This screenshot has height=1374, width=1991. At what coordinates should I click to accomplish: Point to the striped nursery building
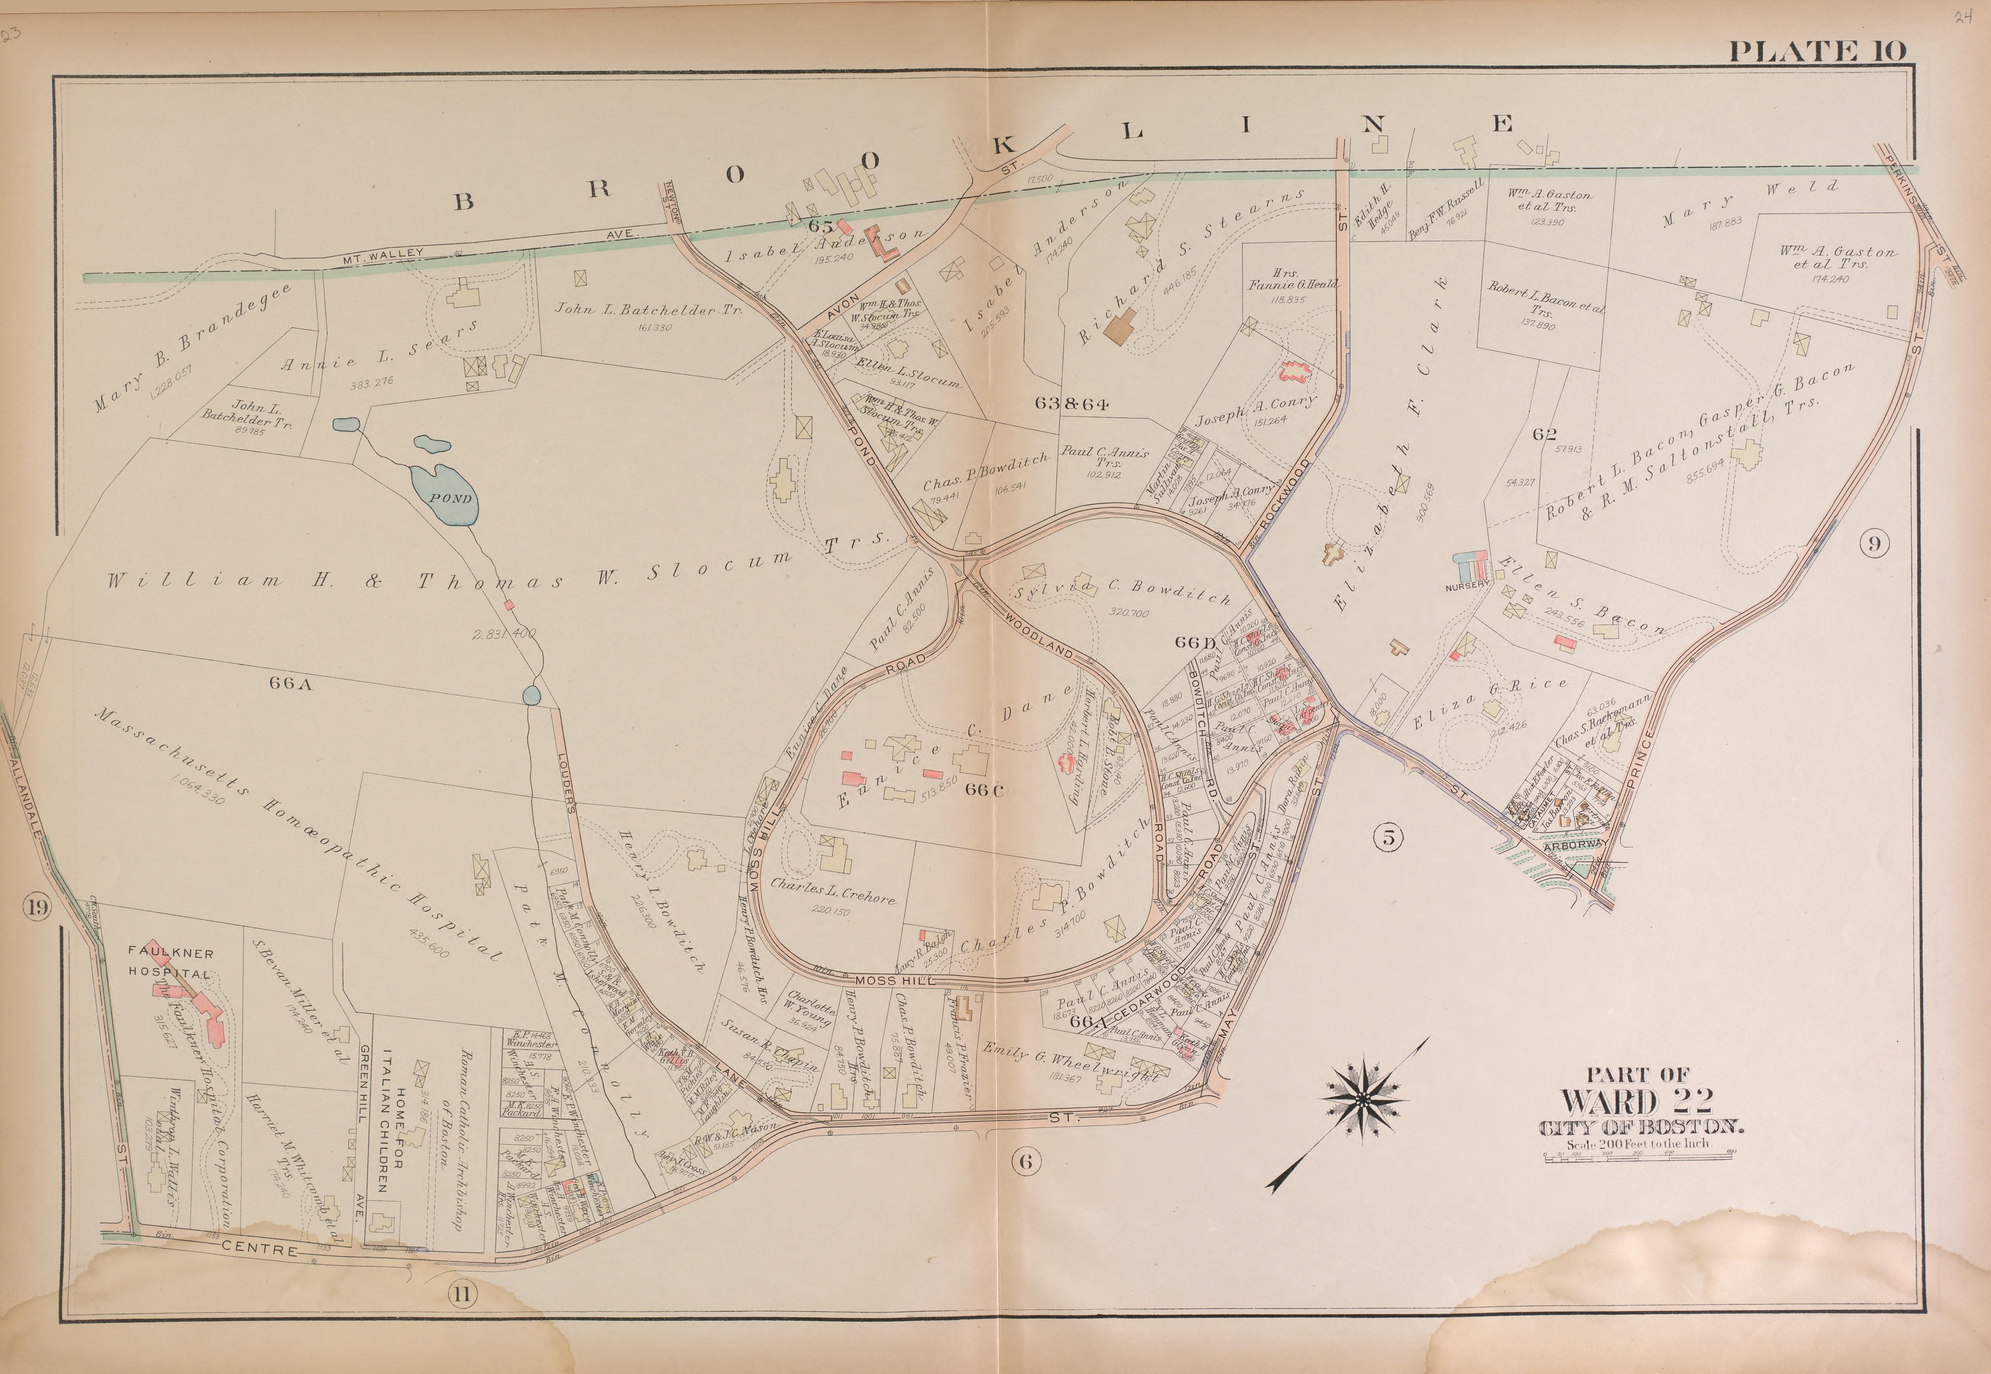(x=1470, y=567)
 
